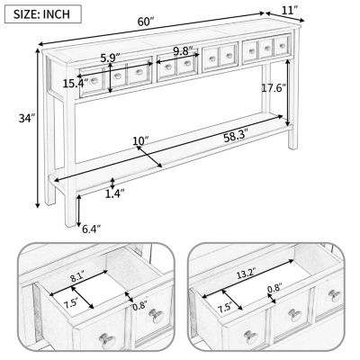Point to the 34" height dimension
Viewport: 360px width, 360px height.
point(26,118)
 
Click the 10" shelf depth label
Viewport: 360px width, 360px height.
point(139,140)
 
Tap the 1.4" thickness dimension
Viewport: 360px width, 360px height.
point(114,193)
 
